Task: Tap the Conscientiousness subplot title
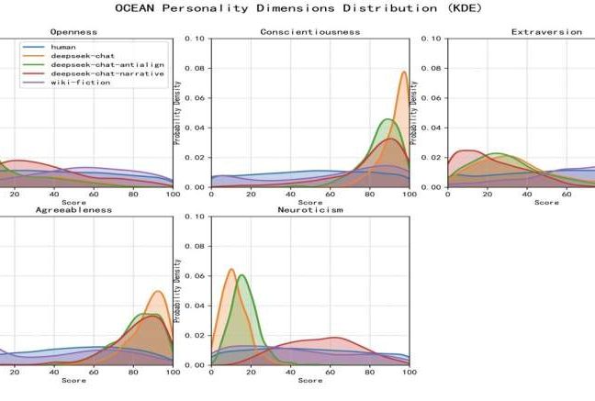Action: coord(310,31)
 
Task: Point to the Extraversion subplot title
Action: coord(546,31)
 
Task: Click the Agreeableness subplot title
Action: coord(74,209)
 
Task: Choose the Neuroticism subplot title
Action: coord(310,209)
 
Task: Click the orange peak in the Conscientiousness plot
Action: coord(404,72)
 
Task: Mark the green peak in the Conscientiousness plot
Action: coord(387,119)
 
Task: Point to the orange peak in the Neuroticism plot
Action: coord(231,269)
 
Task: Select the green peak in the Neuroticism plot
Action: coord(241,275)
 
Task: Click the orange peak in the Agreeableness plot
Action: coord(158,292)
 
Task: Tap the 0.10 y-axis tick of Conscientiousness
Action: coord(196,39)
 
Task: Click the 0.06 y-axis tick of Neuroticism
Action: coord(196,275)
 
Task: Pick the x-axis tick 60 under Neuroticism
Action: coord(331,373)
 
